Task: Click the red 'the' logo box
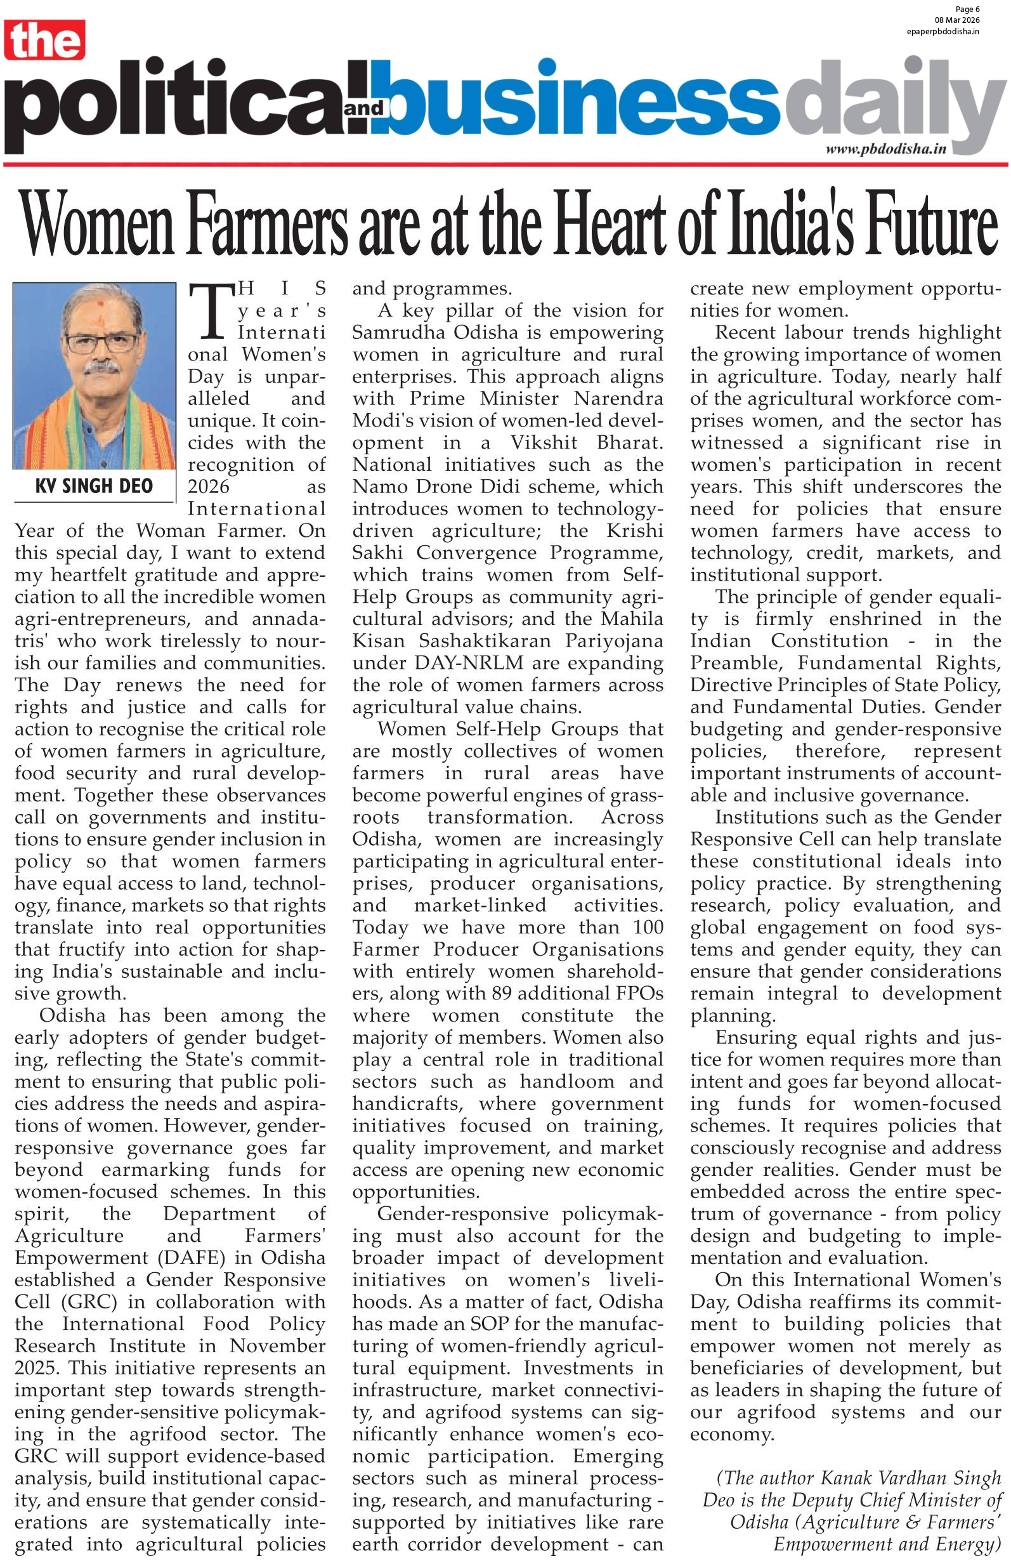pos(44,40)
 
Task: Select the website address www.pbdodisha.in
pos(885,149)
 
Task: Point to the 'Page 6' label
pos(967,9)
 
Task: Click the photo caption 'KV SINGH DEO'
pos(94,486)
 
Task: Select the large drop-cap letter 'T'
pos(211,312)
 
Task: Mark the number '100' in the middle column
pos(648,926)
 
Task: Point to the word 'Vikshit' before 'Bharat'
pos(544,443)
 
